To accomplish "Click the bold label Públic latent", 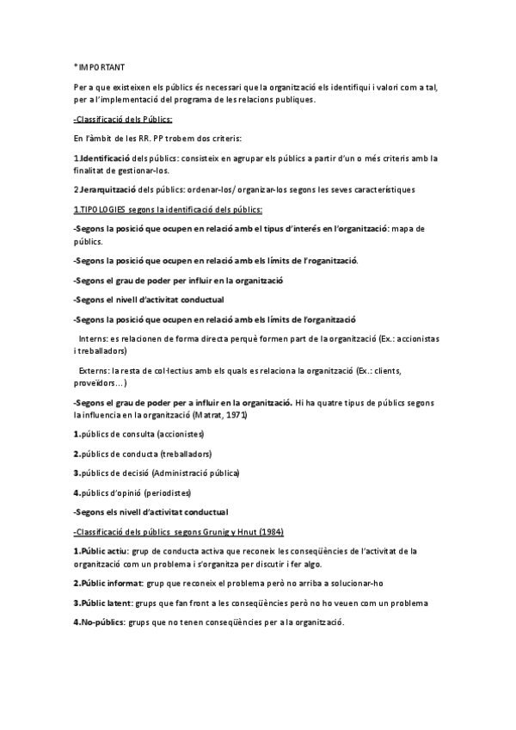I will point(107,603).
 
